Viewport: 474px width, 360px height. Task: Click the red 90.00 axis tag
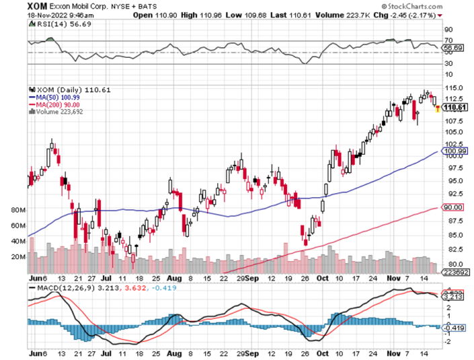click(454, 207)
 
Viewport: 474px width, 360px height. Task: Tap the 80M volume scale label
click(17, 210)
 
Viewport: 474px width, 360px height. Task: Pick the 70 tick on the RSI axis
click(447, 40)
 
